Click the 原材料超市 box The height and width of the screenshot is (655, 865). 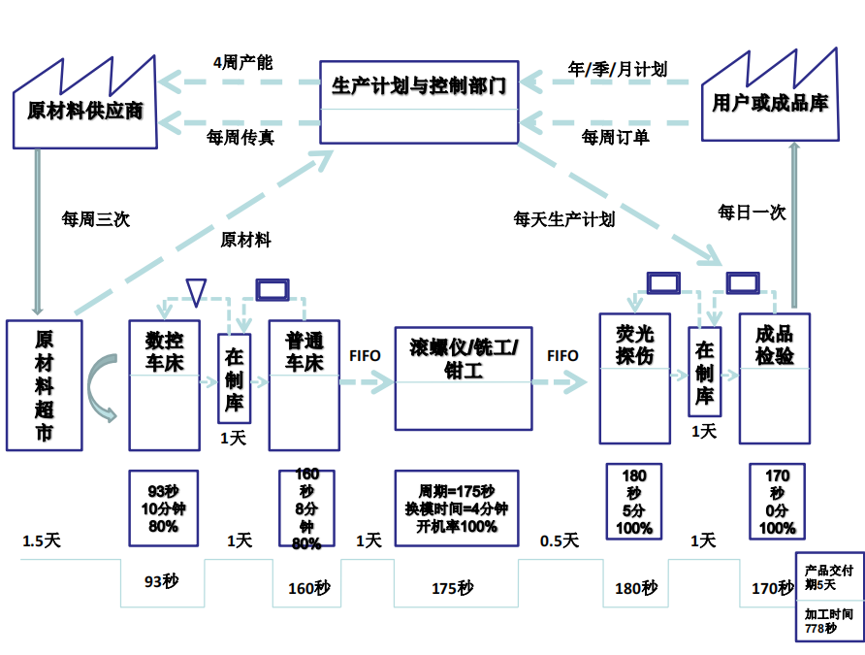click(45, 385)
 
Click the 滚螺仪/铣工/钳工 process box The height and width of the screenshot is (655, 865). click(464, 377)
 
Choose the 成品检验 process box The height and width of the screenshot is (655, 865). click(774, 379)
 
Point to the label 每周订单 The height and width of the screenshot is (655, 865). click(615, 138)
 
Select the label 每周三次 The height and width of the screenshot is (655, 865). click(95, 219)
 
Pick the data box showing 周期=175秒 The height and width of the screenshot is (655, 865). click(456, 508)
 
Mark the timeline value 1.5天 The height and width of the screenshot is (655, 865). click(42, 540)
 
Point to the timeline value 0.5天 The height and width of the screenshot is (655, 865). click(559, 540)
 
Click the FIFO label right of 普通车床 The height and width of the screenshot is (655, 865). click(365, 356)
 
